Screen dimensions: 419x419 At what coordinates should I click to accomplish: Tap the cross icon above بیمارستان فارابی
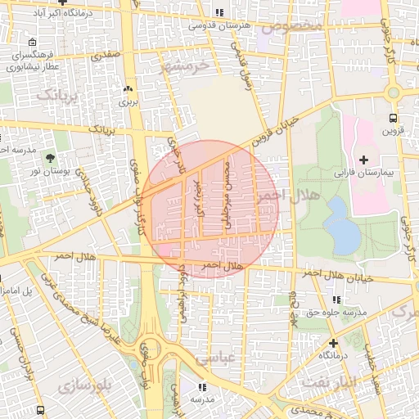tap(363, 158)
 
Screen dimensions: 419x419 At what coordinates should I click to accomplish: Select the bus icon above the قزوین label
tap(393, 117)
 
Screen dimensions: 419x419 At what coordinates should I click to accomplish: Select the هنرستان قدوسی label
tap(220, 25)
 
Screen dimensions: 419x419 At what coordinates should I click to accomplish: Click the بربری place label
tap(128, 102)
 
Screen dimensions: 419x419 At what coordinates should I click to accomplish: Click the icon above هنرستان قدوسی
tap(219, 12)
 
